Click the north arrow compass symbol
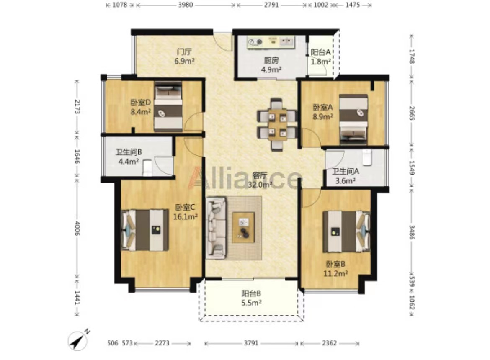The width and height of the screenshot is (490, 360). tap(78, 341)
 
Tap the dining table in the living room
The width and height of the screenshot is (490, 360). tap(277, 125)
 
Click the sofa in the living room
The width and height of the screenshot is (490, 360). tap(216, 228)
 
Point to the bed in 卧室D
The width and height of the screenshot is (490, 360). tap(168, 106)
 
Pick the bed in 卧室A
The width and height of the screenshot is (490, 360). tap(353, 120)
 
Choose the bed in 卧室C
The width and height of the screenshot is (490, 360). tap(144, 230)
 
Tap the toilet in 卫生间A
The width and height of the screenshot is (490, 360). tap(366, 157)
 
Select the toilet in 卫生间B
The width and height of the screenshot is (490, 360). tap(147, 168)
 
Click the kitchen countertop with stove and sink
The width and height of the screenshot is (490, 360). tap(271, 42)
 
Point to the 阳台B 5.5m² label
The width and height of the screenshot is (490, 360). tap(251, 298)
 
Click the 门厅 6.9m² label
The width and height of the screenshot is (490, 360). tap(184, 56)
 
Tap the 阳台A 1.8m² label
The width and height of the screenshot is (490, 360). tap(321, 57)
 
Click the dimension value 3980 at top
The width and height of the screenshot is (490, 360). tap(186, 5)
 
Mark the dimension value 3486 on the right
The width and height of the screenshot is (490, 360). tap(412, 232)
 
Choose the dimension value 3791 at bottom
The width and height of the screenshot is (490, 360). tap(251, 343)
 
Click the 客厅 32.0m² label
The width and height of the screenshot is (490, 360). tap(260, 180)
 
